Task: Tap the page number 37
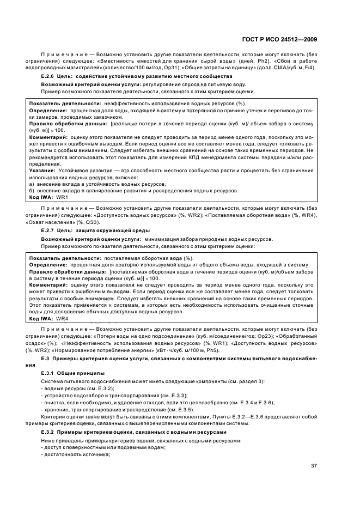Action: pyautogui.click(x=314, y=466)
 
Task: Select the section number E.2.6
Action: pyautogui.click(x=48, y=77)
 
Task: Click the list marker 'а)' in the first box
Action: pyautogui.click(x=32, y=184)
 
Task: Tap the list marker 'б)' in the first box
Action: pyautogui.click(x=32, y=191)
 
